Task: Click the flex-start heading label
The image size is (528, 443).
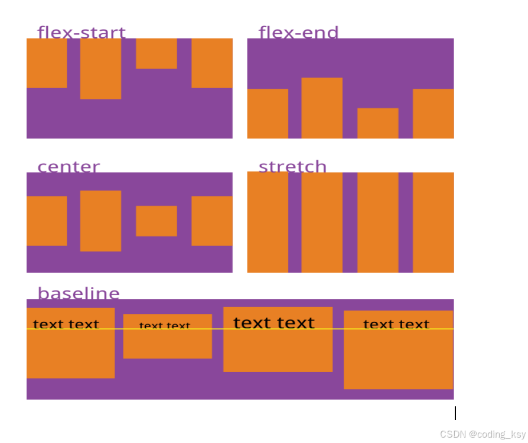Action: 82,32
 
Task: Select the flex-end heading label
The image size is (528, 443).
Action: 298,32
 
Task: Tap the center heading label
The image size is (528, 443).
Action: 69,166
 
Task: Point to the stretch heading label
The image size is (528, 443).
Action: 292,166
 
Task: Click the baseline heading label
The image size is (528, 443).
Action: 79,293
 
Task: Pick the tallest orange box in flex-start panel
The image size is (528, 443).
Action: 100,69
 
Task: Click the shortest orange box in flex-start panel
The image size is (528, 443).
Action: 157,54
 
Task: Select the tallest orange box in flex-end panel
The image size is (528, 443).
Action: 322,108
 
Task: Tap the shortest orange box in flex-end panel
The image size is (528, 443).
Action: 378,123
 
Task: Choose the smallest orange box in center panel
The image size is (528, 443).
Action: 157,221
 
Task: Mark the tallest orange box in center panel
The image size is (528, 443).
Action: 100,221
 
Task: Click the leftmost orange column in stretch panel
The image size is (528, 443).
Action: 268,222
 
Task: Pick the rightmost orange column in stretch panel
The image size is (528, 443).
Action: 433,222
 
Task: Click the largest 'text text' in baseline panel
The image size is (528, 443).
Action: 274,323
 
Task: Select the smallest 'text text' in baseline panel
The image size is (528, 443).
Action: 165,325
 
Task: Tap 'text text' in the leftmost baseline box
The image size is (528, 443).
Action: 66,324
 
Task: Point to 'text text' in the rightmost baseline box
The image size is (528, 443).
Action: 396,324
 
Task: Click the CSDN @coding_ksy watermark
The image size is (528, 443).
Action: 483,434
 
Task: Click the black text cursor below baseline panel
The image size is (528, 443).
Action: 455,413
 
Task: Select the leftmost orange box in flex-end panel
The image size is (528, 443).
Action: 268,114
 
